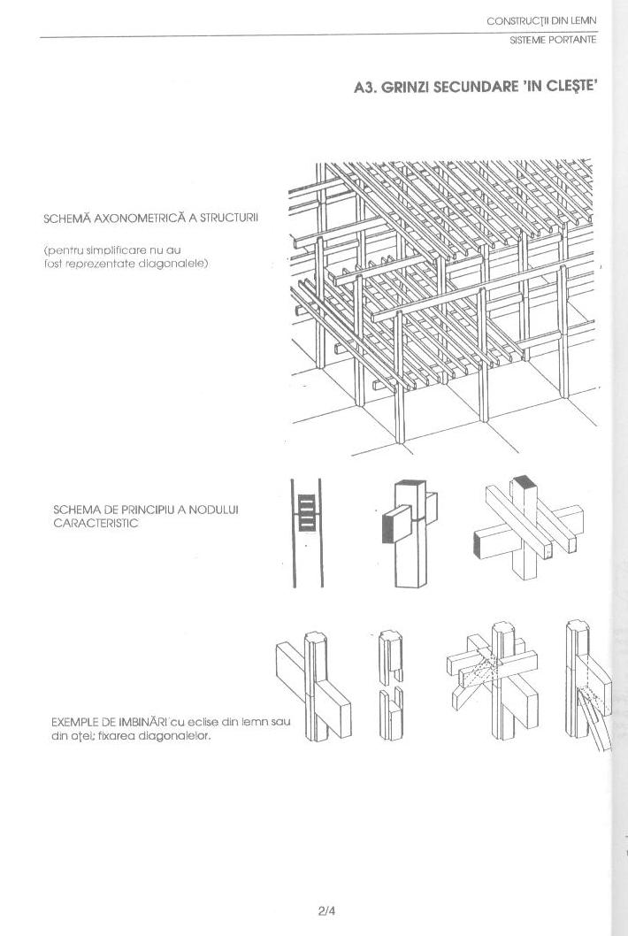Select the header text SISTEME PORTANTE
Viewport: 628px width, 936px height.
[x=553, y=40]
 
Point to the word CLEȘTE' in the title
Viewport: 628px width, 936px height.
[x=577, y=88]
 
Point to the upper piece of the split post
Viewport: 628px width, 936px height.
[x=390, y=653]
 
